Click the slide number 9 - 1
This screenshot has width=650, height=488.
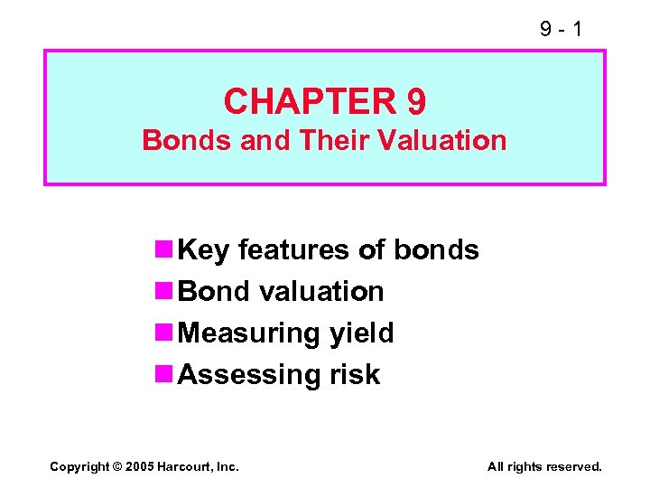click(x=561, y=30)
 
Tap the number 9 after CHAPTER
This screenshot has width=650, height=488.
click(x=415, y=101)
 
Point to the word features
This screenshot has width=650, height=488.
click(x=291, y=250)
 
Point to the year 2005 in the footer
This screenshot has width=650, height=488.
click(x=139, y=467)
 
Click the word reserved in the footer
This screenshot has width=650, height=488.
click(x=573, y=467)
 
